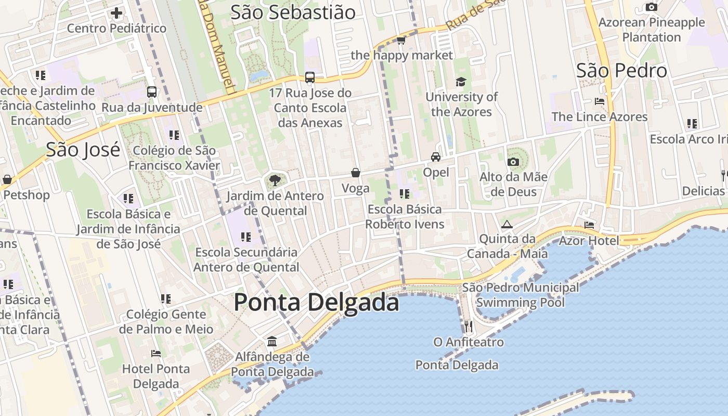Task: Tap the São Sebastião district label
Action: [293, 12]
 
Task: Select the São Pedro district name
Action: [621, 71]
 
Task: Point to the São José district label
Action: [83, 150]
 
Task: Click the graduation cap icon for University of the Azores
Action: [461, 82]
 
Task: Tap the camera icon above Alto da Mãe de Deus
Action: [513, 162]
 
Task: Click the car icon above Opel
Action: [436, 157]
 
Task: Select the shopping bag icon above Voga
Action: [356, 173]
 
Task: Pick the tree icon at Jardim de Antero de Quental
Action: [275, 180]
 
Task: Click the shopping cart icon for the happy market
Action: [401, 40]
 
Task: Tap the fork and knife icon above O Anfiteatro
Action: [469, 326]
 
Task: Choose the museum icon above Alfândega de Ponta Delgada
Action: [272, 342]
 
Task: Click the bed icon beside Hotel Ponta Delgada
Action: [155, 354]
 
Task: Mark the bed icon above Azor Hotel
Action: [589, 225]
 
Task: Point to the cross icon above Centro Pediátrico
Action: [116, 12]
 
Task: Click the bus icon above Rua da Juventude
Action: [152, 92]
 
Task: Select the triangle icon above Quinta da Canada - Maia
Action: [507, 224]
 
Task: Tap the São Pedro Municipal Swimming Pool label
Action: [520, 295]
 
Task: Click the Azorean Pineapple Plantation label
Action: [652, 30]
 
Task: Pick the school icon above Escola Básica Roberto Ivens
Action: [405, 194]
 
